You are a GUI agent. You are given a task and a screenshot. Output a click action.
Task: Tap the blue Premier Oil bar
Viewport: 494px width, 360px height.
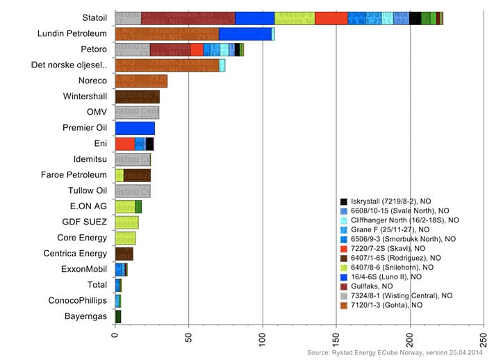pos(135,128)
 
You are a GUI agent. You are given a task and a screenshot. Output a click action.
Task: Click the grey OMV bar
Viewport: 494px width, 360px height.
pos(137,112)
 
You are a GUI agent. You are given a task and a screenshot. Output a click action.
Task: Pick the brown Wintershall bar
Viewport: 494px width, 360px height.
pos(137,97)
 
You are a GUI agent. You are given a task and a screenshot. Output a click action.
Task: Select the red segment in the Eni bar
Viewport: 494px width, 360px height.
pos(125,144)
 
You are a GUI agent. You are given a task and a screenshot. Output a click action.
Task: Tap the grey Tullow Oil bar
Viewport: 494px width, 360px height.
pos(133,191)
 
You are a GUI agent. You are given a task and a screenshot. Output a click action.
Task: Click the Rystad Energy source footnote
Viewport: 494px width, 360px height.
pos(395,352)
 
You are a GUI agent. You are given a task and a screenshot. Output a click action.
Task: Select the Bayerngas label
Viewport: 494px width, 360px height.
pos(85,316)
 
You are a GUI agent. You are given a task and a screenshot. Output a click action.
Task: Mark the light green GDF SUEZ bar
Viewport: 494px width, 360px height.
pos(126,222)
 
